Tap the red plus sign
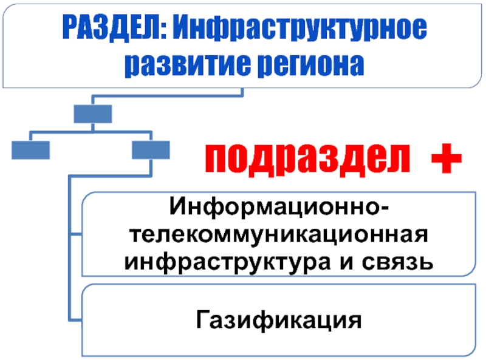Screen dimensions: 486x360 [x=446, y=160]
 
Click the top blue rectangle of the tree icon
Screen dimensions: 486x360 [x=92, y=114]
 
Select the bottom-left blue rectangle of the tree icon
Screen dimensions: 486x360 [x=31, y=149]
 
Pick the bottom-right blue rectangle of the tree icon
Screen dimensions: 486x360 [x=151, y=149]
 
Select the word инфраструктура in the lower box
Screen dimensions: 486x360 [x=243, y=262]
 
